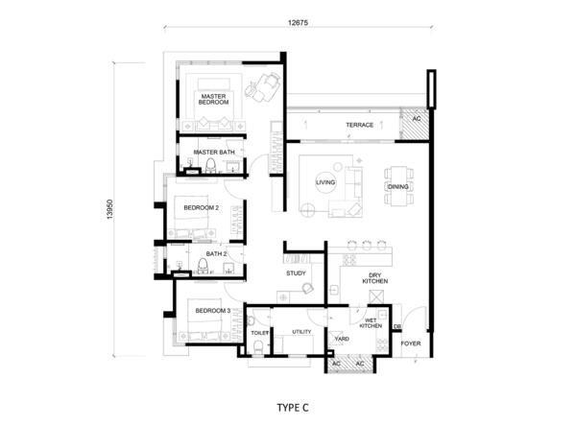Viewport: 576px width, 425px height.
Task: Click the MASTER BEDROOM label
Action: pos(213,99)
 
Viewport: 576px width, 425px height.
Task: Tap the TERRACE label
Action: pos(360,125)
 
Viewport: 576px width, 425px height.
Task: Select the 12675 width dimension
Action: pos(298,22)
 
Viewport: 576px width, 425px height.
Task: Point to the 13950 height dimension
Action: pos(110,209)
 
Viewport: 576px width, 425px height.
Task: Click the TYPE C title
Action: pos(293,408)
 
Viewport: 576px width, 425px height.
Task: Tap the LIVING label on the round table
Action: pos(325,182)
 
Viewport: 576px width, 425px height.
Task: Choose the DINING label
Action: pos(398,186)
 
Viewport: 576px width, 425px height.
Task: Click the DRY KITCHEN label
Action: pos(375,278)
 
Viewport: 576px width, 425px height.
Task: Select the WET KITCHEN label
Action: pos(371,323)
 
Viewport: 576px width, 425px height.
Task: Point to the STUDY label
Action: pos(296,273)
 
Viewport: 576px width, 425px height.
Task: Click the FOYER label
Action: pos(411,343)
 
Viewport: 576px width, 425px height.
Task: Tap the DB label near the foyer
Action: pos(397,326)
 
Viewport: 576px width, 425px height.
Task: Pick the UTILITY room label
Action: pos(301,332)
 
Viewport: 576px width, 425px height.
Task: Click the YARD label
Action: pos(342,339)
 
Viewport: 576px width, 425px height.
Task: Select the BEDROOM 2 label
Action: pos(202,208)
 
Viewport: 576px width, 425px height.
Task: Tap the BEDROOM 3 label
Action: pos(213,311)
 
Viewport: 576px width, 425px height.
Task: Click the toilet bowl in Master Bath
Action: pos(211,165)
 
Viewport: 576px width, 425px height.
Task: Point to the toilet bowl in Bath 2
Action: pos(203,266)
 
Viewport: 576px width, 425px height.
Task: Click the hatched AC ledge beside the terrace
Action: pos(415,124)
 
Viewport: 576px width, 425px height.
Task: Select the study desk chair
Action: pos(308,288)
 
